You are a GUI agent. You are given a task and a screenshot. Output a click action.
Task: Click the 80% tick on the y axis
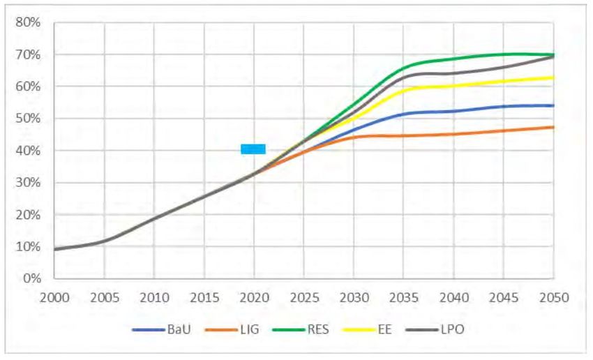coord(29,22)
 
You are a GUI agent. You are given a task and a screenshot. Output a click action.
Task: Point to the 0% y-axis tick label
coord(32,278)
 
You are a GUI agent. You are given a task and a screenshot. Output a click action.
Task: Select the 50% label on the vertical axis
coord(29,119)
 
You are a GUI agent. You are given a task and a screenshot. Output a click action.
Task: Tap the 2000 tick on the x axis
coord(54,297)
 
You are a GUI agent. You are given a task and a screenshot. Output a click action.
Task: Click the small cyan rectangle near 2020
coord(253,149)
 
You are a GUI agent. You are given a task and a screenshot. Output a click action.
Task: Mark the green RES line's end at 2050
coord(554,54)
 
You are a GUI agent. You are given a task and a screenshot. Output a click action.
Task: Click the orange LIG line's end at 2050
coord(554,127)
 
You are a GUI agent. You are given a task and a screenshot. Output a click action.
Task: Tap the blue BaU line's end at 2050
coord(554,105)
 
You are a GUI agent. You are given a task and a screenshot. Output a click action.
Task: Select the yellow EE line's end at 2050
coord(554,77)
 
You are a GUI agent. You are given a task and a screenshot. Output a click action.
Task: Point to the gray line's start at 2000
coord(55,249)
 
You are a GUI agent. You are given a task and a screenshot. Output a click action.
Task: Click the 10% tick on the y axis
coord(29,246)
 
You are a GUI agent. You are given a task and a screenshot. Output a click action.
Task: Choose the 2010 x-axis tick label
coord(154,297)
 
